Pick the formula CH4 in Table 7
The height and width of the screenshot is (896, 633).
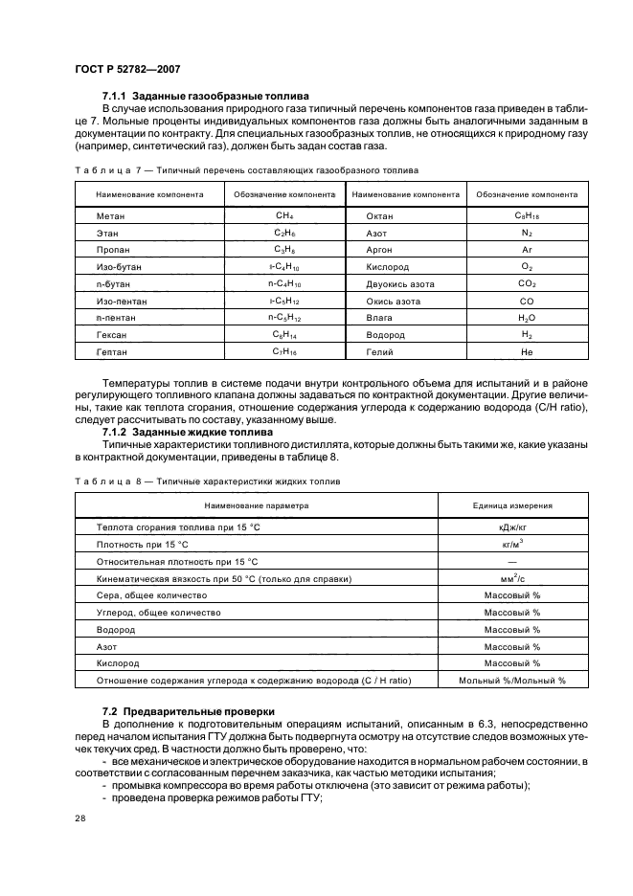coord(283,216)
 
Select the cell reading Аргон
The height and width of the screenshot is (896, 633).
coord(380,247)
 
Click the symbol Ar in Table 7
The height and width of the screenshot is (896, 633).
coord(527,247)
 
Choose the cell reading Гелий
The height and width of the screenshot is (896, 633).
coord(380,352)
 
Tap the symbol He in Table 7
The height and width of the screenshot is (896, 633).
coord(527,352)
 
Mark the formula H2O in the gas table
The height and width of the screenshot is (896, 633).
coord(527,318)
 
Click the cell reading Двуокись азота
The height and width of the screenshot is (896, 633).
coord(399,283)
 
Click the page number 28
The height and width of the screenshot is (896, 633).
coord(78,818)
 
